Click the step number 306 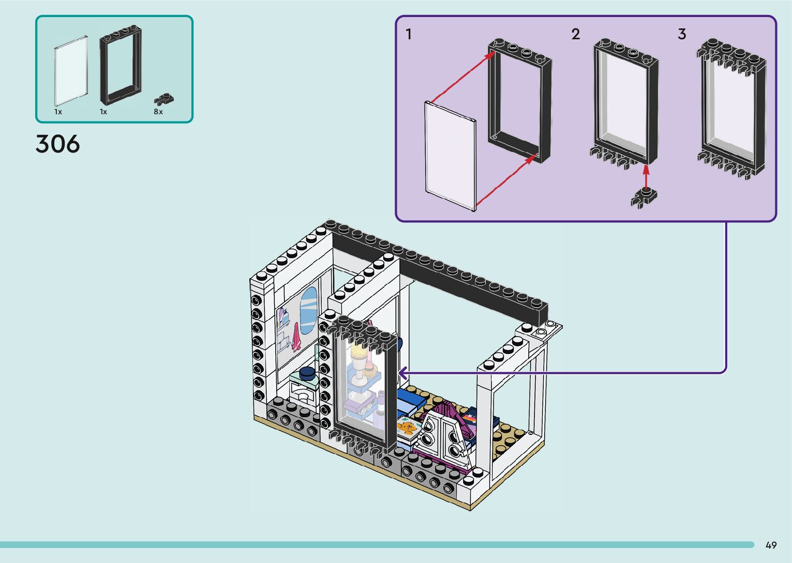[57, 144]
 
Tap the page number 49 [771, 545]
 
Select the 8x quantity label [158, 112]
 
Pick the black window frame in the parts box [121, 65]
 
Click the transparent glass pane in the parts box [71, 70]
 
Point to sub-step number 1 [409, 35]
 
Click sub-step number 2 [576, 35]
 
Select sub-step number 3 [682, 35]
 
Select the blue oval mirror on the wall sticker [308, 311]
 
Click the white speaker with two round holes [441, 436]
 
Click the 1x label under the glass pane [58, 112]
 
